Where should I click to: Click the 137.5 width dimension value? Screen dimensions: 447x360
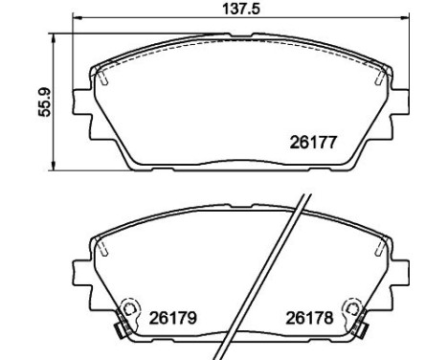241,9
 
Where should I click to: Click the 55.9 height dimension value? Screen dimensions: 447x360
44,101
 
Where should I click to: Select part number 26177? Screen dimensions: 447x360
313,143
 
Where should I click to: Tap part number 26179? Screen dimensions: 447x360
173,318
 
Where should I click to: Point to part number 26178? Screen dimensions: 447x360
309,318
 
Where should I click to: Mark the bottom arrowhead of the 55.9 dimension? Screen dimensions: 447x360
54,166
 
